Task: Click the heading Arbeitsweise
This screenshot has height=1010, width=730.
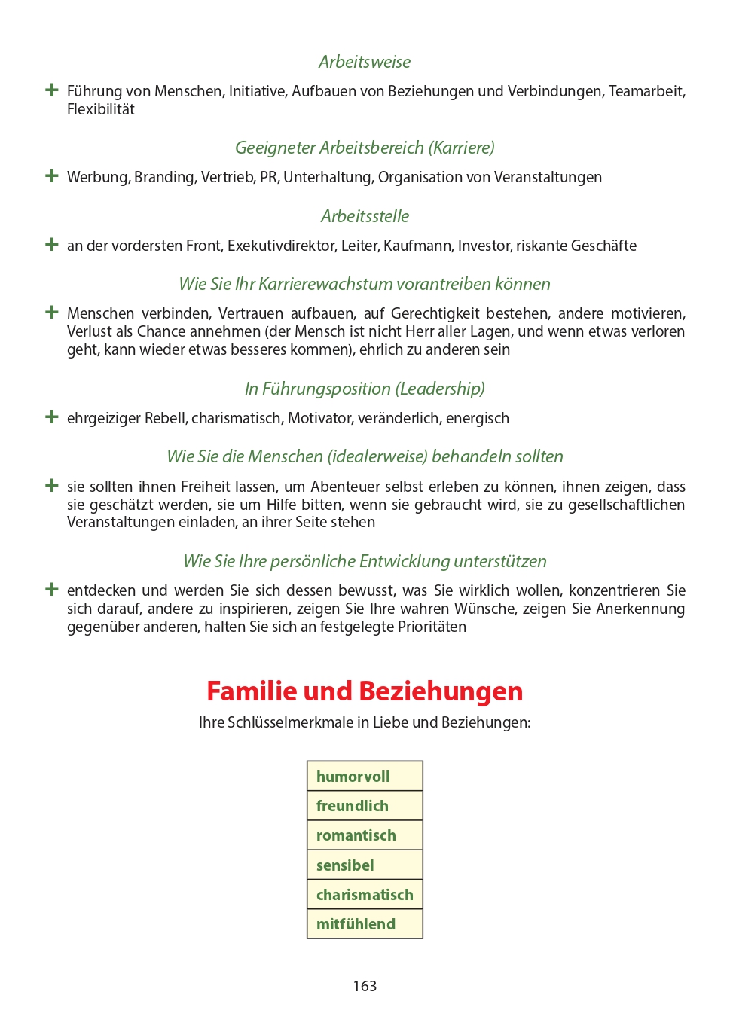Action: tap(365, 62)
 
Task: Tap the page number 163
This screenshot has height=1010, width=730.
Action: tap(365, 986)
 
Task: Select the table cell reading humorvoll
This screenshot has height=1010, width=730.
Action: tap(365, 777)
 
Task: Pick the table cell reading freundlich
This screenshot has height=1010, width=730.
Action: tap(365, 806)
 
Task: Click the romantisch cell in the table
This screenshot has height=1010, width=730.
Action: tap(365, 835)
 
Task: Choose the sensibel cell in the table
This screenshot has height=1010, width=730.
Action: tap(365, 865)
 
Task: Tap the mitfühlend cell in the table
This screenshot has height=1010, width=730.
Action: tap(365, 924)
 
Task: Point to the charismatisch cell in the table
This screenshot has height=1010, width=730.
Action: tap(365, 895)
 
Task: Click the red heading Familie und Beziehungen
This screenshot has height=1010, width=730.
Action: tap(365, 691)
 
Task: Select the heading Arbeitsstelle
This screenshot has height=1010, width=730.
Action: tap(365, 216)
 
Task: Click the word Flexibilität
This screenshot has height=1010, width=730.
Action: tap(101, 110)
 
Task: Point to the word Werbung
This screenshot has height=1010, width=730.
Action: tap(98, 178)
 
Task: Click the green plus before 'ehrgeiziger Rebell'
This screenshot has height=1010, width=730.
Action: tap(52, 417)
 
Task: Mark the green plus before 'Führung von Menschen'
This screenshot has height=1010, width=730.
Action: tap(52, 90)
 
